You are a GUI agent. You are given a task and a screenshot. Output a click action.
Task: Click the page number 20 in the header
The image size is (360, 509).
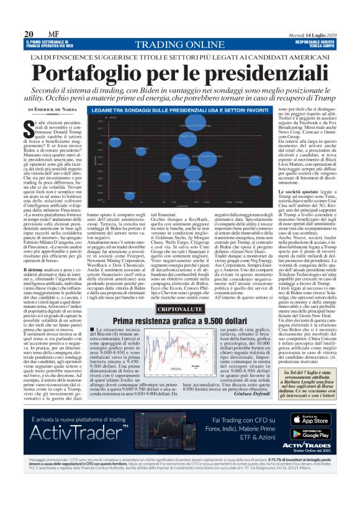coord(29,34)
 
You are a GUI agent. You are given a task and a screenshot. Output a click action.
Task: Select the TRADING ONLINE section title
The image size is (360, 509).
coord(179,45)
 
